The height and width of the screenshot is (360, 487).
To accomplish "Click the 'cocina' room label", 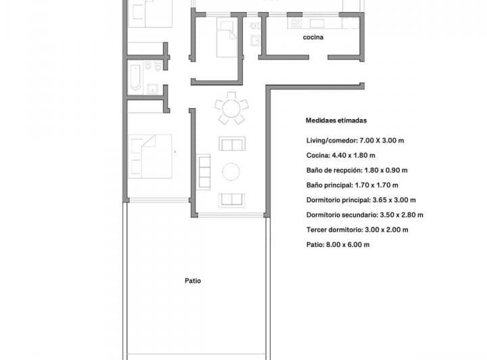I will click(x=313, y=38).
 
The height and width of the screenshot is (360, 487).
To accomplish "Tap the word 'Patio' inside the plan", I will click(x=193, y=280).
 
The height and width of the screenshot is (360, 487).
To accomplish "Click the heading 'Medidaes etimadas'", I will click(x=336, y=121).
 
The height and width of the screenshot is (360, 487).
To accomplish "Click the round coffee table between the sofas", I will click(x=231, y=172).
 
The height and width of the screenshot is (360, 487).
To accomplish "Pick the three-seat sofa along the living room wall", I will click(x=204, y=171).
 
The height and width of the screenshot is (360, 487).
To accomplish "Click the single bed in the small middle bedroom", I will click(x=225, y=37).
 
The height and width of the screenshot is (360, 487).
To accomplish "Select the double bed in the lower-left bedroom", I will click(x=150, y=156).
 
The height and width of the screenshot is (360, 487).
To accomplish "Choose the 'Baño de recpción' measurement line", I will click(x=356, y=171).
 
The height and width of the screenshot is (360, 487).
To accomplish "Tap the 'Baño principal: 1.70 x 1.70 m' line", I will click(x=352, y=185).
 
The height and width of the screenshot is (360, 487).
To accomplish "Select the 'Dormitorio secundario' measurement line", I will click(x=365, y=215).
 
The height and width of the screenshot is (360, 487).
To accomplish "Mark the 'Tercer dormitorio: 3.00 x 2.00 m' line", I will click(x=357, y=229).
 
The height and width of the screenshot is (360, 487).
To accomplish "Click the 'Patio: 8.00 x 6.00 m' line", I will click(x=338, y=244).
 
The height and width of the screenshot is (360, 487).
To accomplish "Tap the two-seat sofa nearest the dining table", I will click(x=231, y=144).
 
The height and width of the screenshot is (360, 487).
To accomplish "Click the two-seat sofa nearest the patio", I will click(x=231, y=199).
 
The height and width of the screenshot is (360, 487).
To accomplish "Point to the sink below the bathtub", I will click(x=153, y=87).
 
